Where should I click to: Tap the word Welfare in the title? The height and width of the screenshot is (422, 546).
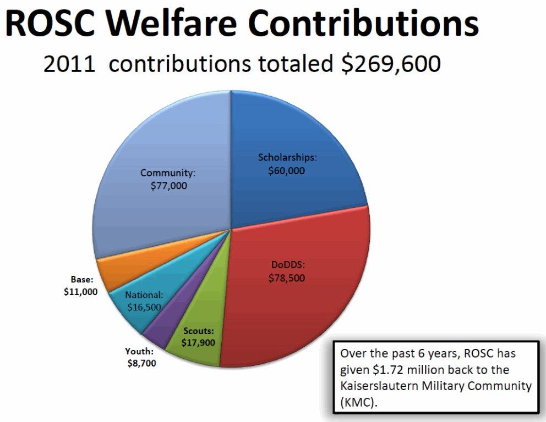pos(182,24)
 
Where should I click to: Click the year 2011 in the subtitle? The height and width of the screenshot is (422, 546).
pos(71,64)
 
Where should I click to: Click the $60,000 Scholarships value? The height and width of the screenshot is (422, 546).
pos(287,170)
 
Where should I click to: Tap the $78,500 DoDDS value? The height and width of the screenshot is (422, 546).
pos(287,278)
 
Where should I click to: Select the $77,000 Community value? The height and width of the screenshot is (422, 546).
pos(168,186)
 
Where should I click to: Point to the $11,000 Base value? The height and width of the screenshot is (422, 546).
pos(80,292)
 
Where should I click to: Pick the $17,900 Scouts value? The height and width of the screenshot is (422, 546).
pos(198,342)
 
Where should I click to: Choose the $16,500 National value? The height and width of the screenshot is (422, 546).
pos(144,308)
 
